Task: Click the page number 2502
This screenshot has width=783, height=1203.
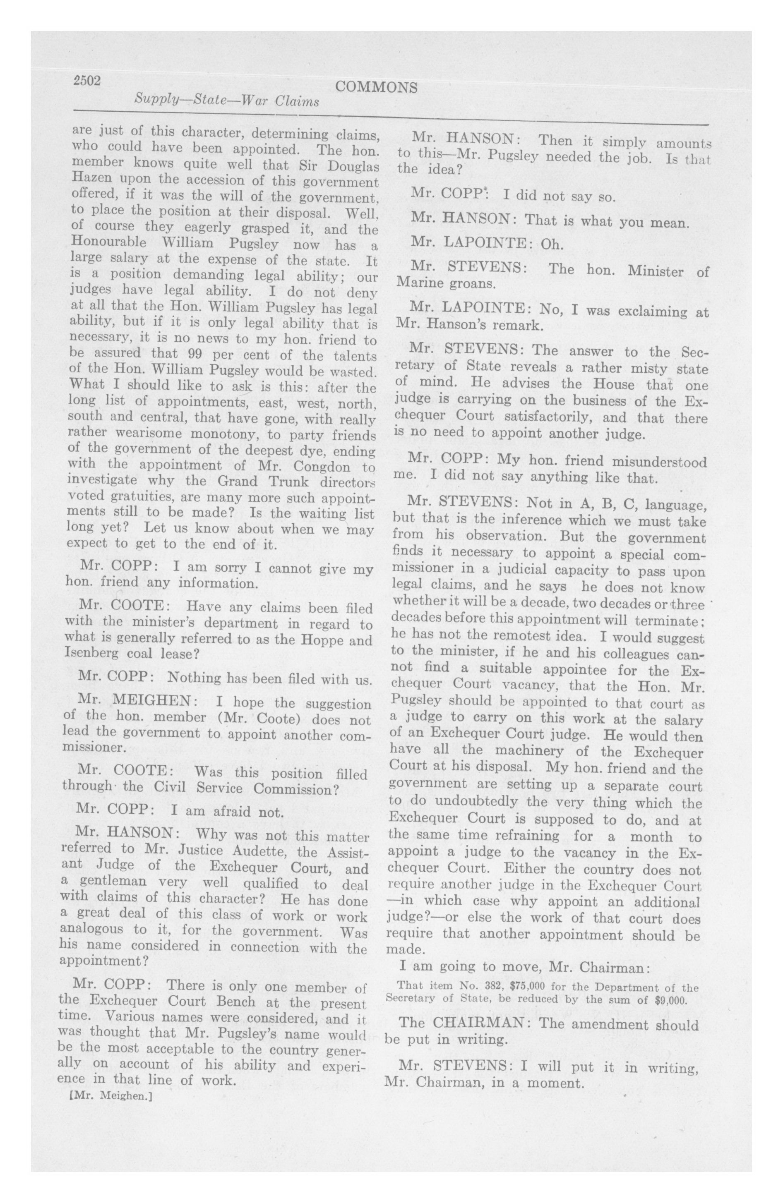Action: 87,81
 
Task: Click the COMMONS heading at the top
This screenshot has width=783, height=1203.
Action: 376,87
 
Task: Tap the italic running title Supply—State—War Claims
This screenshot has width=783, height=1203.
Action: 227,101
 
